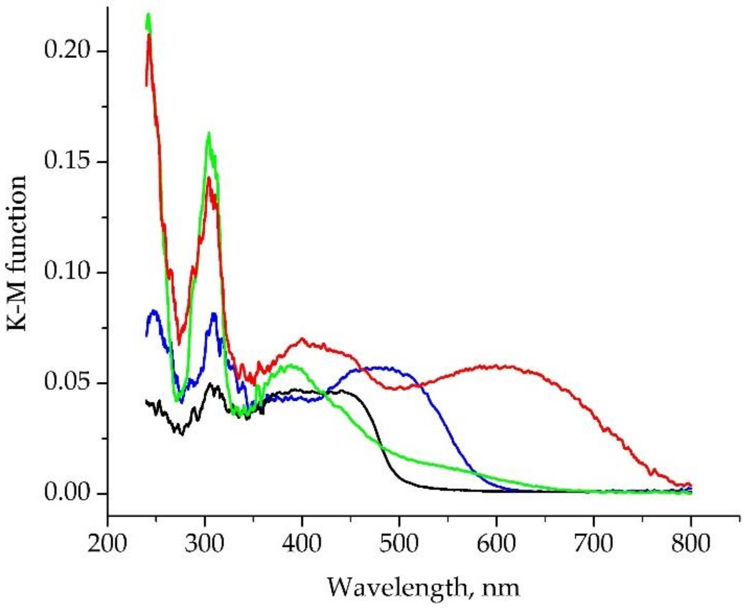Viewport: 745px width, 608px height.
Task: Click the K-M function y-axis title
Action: pyautogui.click(x=17, y=254)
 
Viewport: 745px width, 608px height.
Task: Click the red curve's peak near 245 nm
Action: pyautogui.click(x=149, y=35)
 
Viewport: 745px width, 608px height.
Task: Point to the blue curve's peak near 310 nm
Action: pyautogui.click(x=214, y=315)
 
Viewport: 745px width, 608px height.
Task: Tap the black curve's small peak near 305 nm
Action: pyautogui.click(x=210, y=383)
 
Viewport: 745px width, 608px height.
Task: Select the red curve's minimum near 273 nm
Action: pyautogui.click(x=179, y=342)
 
